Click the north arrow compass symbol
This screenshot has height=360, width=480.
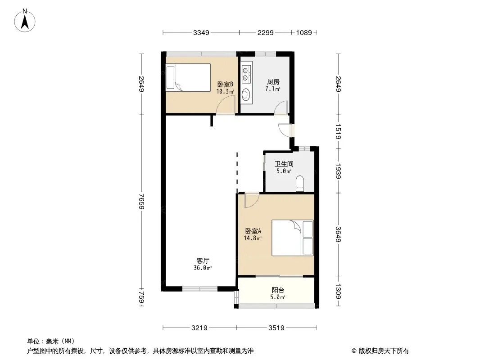click(25, 21)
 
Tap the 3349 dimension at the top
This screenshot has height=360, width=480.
click(201, 33)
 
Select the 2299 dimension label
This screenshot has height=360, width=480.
click(265, 33)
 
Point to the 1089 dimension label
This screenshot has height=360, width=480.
click(304, 33)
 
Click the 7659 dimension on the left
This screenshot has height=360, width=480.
click(141, 201)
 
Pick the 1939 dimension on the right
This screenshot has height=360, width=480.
click(338, 171)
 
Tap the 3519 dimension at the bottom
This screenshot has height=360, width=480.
click(276, 328)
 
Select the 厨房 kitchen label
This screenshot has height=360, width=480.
click(273, 81)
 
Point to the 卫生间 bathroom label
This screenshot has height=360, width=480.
click(284, 164)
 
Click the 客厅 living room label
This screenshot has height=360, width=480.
click(203, 261)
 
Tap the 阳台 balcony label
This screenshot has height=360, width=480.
click(278, 290)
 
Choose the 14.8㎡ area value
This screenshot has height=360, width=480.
click(253, 238)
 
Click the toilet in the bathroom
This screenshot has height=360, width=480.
click(300, 184)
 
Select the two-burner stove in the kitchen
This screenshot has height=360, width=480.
click(245, 74)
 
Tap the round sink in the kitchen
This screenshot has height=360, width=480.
click(246, 94)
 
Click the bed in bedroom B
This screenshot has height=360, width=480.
click(188, 77)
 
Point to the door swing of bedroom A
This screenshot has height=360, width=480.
click(252, 201)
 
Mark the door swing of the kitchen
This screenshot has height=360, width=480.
click(281, 108)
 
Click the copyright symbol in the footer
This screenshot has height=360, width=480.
click(354, 351)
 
